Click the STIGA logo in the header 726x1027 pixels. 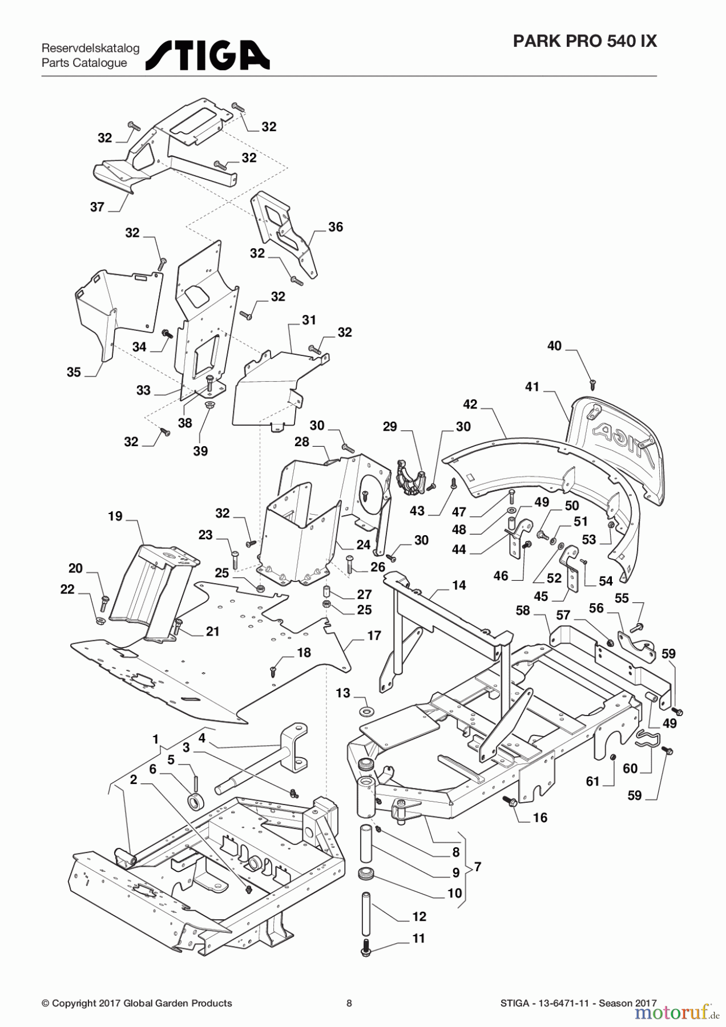point(208,55)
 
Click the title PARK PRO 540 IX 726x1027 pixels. point(584,41)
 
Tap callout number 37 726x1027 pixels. point(98,207)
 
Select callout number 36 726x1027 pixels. point(336,227)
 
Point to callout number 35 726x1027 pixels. point(74,372)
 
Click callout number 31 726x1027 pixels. point(309,320)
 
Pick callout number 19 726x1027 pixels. point(115,516)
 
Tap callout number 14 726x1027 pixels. point(459,585)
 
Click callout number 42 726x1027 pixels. point(470,405)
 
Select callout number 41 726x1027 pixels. point(532,387)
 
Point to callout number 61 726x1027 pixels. point(593,781)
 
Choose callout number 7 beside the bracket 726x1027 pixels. point(477,867)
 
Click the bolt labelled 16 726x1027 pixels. point(511,802)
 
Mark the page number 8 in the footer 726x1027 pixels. point(349,1003)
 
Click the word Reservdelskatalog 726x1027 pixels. point(90,48)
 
